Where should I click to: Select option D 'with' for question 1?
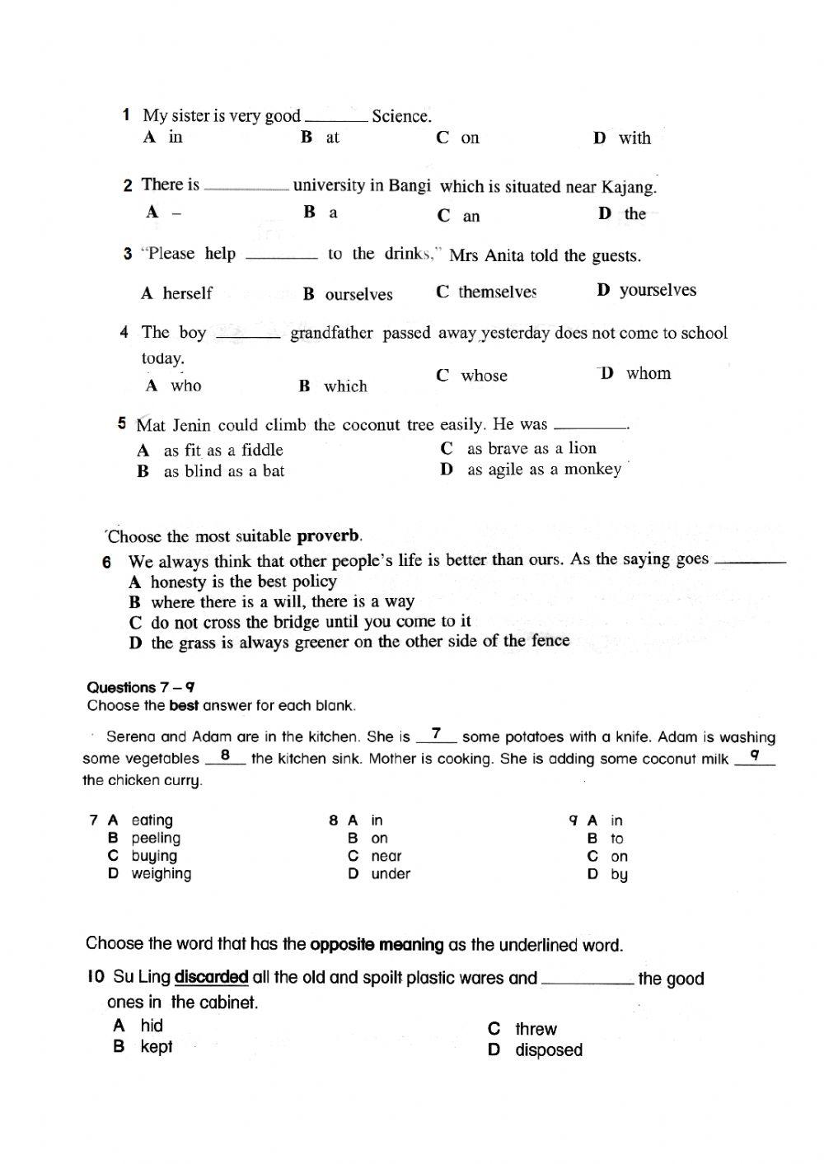634,138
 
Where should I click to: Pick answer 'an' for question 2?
471,217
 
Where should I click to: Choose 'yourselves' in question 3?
657,290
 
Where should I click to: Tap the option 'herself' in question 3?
187,293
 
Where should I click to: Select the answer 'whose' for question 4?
484,376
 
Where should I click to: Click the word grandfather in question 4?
331,334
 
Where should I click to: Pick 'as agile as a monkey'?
544,470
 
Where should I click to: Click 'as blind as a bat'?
223,471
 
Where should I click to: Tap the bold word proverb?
328,536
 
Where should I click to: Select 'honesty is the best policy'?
243,582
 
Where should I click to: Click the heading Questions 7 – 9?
140,687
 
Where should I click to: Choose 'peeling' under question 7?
155,838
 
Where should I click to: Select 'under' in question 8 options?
390,874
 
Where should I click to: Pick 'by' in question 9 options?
619,875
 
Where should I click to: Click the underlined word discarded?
212,978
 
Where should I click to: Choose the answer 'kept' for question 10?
156,1047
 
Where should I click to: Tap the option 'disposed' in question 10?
548,1050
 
